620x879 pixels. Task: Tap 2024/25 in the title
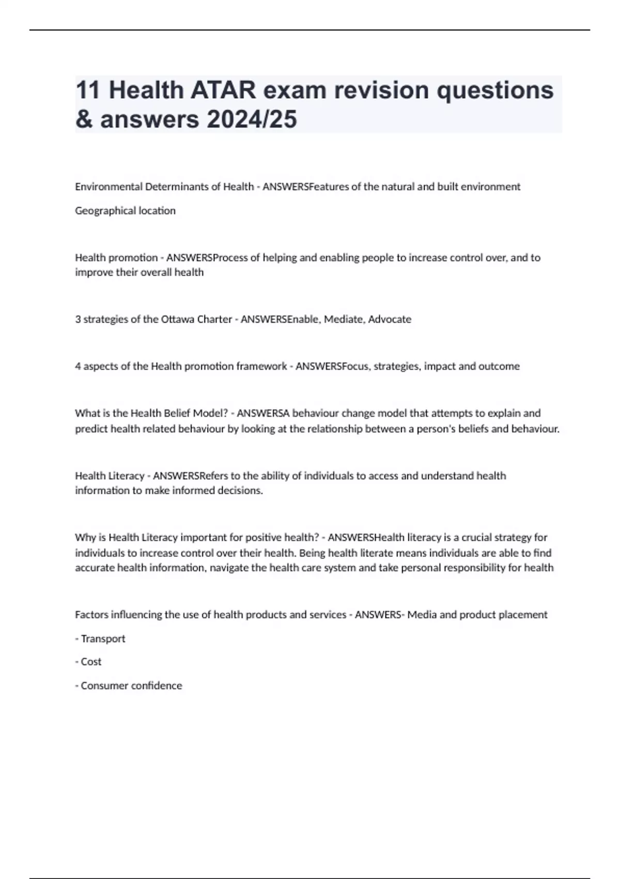(252, 119)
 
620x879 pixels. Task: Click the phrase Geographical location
(125, 211)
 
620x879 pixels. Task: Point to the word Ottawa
(178, 320)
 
